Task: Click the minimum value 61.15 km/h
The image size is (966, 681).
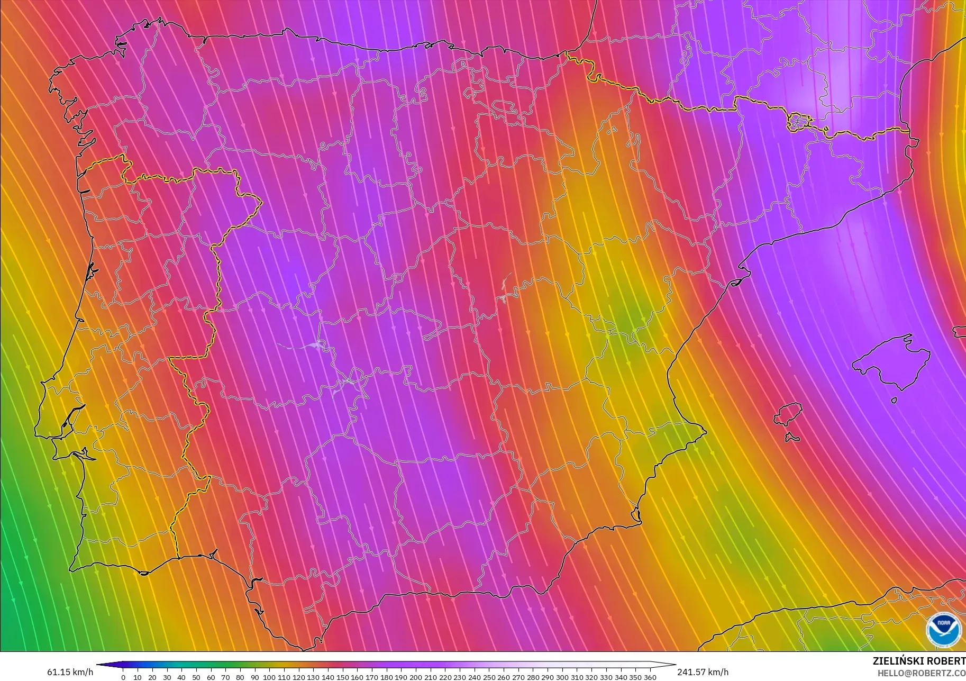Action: pos(70,672)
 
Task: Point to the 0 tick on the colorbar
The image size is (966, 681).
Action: pos(123,677)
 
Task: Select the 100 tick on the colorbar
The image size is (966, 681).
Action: pos(269,677)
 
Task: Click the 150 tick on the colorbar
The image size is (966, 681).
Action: pos(342,677)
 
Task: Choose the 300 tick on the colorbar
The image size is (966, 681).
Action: pos(562,677)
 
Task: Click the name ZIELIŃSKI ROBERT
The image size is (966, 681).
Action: pos(919,661)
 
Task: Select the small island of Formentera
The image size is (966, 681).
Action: pos(792,437)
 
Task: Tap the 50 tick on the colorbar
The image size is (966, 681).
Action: pos(196,677)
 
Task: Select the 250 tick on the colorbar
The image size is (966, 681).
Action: pos(488,677)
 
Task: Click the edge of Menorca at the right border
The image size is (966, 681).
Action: pos(960,331)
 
